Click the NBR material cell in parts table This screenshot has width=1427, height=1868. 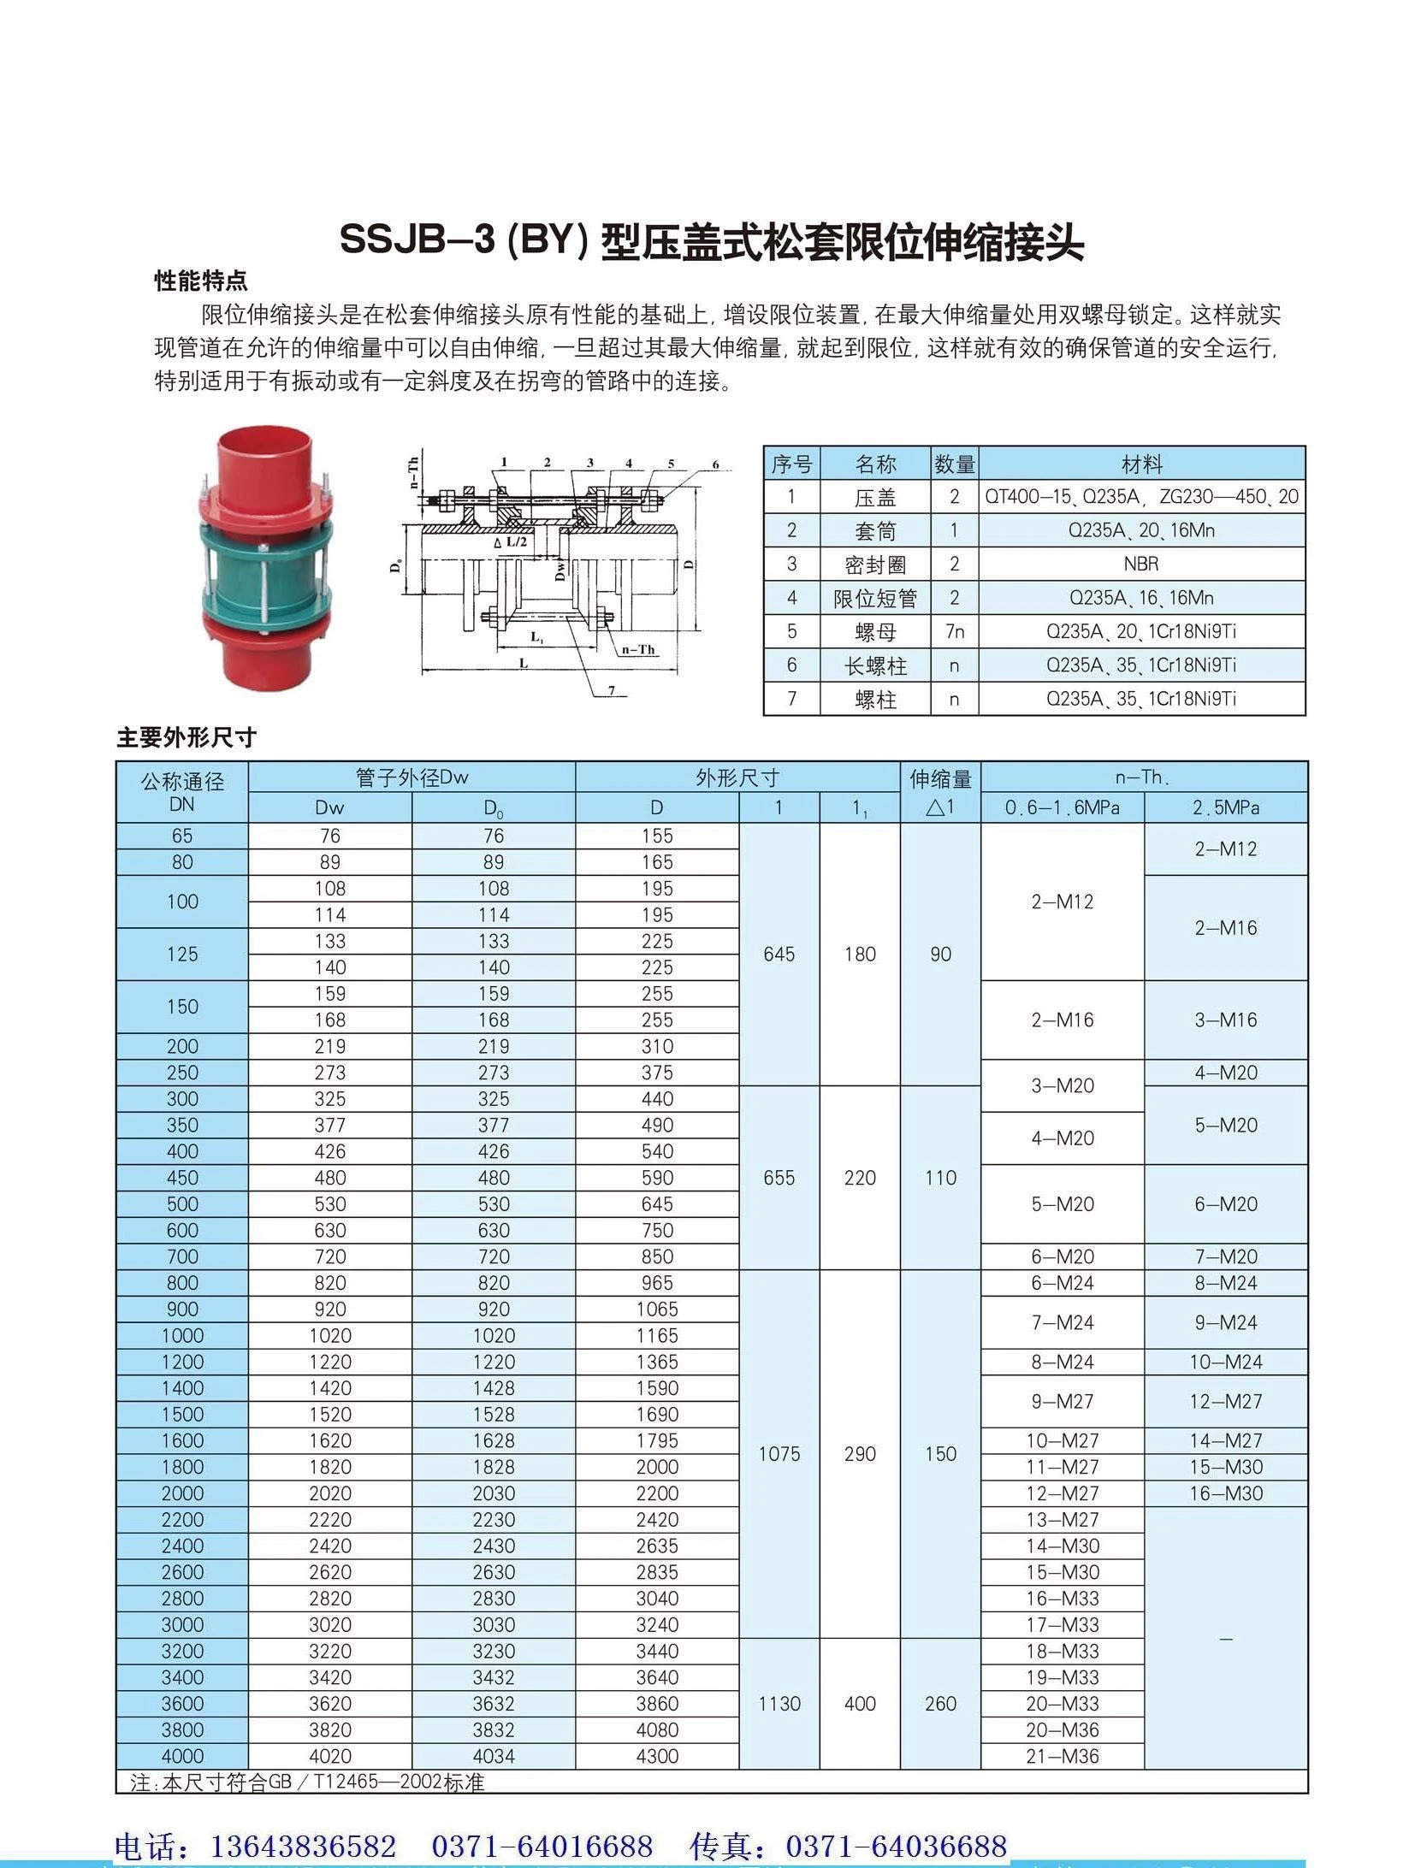coord(1141,564)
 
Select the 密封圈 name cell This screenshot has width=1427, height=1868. coord(875,565)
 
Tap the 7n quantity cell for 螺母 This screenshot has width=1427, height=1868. coord(955,631)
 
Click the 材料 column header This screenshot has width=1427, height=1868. coord(1141,464)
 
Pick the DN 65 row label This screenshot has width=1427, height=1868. coord(182,836)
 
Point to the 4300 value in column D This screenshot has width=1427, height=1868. coord(657,1756)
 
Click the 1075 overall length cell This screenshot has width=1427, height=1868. coord(779,1453)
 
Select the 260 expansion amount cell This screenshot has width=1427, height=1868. coord(940,1703)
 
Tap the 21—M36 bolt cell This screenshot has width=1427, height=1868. coord(1062,1756)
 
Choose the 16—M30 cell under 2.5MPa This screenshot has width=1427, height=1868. coord(1225,1493)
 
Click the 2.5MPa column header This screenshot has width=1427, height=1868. coord(1225,807)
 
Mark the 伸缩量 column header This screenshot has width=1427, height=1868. coord(940,778)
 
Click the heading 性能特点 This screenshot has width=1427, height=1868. coord(201,280)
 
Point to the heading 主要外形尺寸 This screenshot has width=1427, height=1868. coord(187,737)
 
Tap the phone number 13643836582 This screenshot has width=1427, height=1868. coord(304,1845)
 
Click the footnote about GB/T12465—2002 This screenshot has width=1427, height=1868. coord(308,1782)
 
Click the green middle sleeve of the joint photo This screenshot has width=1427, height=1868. coord(265,565)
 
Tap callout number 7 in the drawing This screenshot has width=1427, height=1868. coord(612,690)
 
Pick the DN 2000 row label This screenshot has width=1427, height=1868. coord(182,1493)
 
